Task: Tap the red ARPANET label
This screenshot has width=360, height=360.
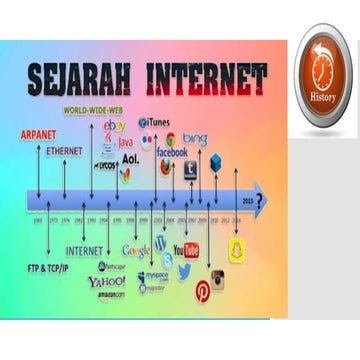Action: [37, 134]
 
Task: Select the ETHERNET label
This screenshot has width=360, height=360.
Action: [65, 150]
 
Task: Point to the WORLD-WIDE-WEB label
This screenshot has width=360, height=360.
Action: [94, 109]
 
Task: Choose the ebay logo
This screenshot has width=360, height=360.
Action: [115, 126]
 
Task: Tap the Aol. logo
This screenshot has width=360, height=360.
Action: [130, 158]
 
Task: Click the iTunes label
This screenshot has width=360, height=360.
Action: [158, 122]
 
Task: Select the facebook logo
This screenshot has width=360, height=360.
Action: [171, 152]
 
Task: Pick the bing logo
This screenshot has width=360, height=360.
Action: [195, 139]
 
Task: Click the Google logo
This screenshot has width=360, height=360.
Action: [136, 250]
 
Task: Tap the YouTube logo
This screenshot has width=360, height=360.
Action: [186, 249]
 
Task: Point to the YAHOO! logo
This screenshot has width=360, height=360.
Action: [106, 281]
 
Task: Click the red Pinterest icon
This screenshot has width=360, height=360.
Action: [203, 289]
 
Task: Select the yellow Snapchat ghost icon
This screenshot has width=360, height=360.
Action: [237, 250]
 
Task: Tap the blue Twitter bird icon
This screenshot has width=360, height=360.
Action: [185, 271]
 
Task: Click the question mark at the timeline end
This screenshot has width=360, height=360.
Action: [260, 199]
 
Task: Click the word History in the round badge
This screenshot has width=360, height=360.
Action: [323, 97]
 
